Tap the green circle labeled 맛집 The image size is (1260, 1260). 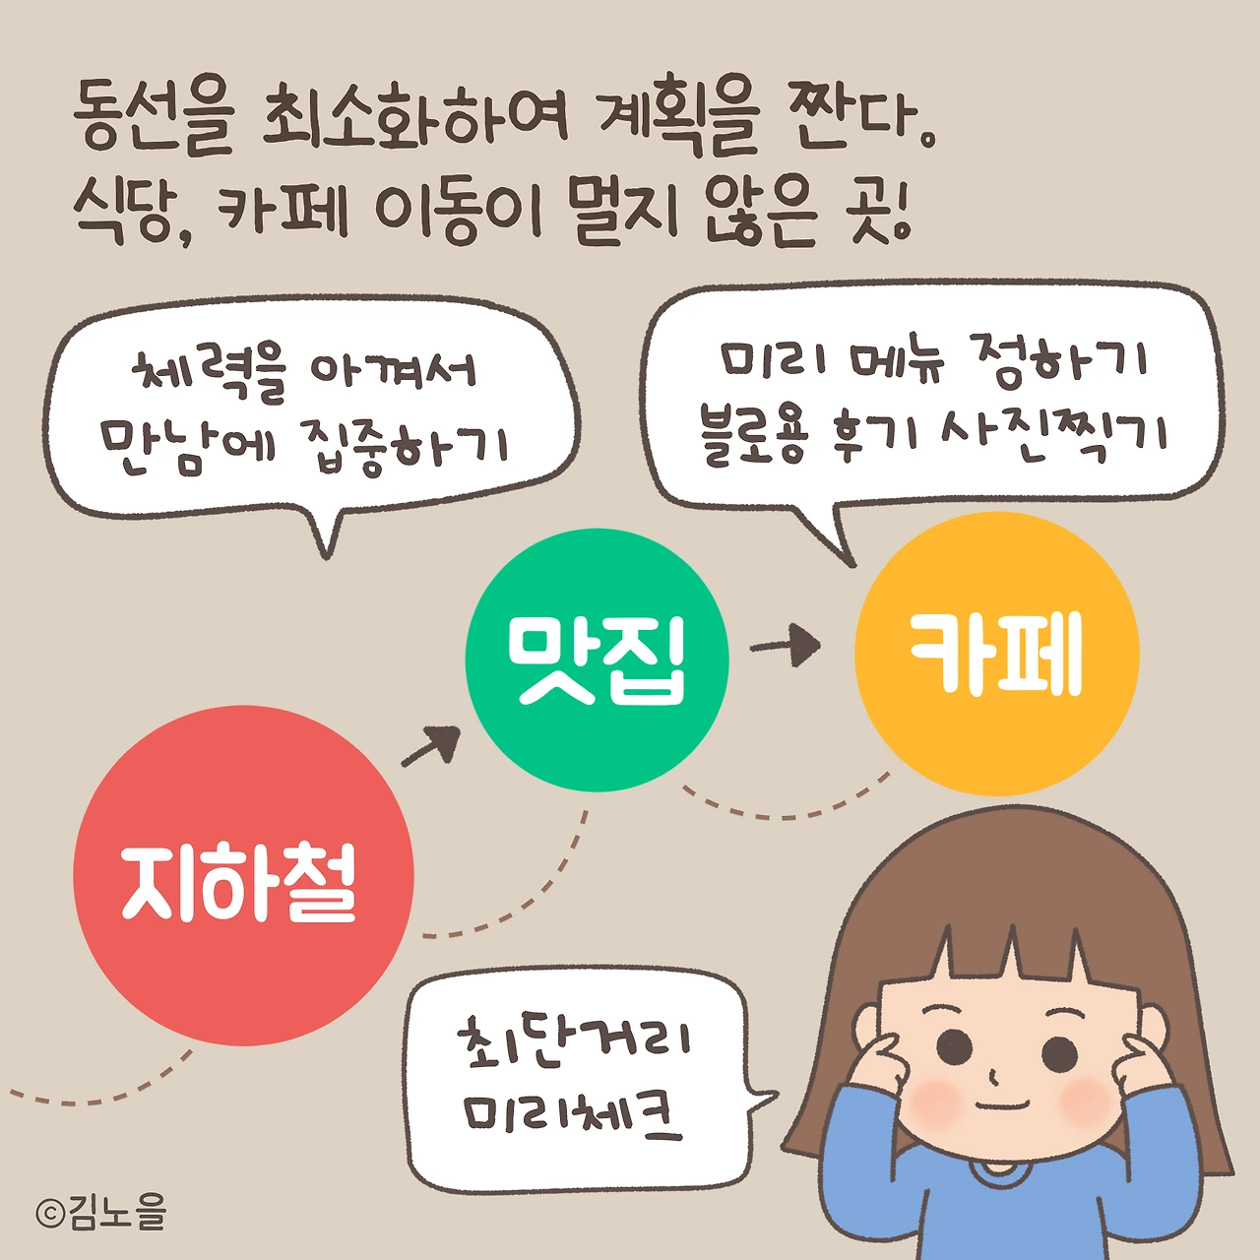(597, 660)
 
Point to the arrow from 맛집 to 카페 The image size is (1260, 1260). (787, 646)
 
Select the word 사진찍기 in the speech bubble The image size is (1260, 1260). (1054, 434)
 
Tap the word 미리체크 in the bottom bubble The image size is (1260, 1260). (574, 1115)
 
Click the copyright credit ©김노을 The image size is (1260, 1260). (101, 1212)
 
